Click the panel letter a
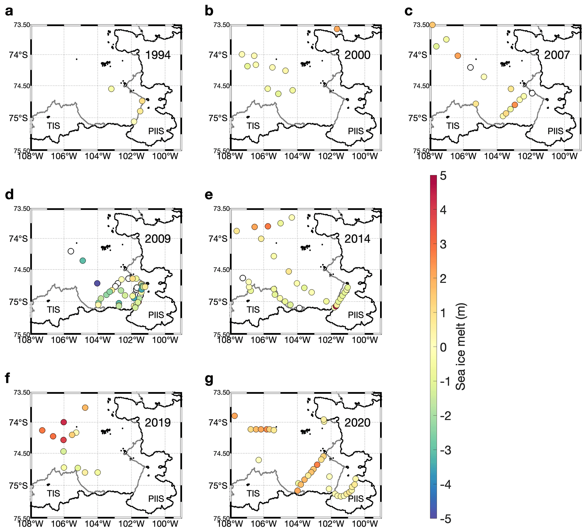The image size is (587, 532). pos(9,11)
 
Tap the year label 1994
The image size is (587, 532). pos(158,55)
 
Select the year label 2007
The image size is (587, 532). pos(557,55)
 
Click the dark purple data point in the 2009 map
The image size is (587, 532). pos(97,283)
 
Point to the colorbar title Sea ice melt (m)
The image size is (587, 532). pos(461,347)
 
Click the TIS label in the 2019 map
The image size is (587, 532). pos(54,493)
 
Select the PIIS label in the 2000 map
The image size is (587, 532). pos(356,131)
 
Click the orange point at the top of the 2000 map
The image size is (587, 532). pos(337,29)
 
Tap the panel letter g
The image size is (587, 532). pos(209,379)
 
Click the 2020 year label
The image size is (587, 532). pos(357,423)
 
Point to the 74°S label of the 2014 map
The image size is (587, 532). pos(218,239)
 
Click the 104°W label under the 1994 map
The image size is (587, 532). pos(98,157)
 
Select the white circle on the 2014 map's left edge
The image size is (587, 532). pos(243,278)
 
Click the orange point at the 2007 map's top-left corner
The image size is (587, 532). pos(433,25)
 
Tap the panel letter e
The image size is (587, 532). pos(209,195)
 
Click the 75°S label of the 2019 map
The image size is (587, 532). pos(18,486)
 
